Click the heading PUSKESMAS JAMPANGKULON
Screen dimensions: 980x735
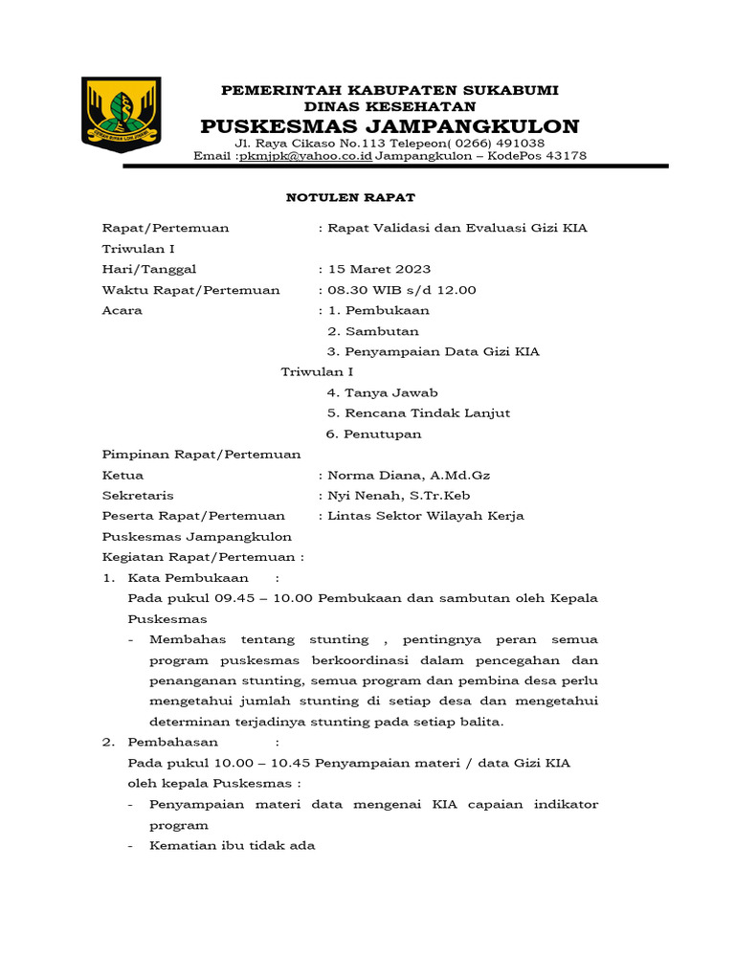point(390,127)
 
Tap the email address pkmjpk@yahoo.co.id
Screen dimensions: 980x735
point(305,156)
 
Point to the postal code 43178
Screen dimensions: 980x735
point(564,156)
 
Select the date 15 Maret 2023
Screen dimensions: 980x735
point(379,269)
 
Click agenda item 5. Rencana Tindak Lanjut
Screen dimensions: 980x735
point(418,412)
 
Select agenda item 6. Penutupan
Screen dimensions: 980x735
point(373,434)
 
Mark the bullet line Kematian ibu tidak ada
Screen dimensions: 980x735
point(232,846)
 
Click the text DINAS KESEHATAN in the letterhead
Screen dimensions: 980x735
point(390,107)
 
